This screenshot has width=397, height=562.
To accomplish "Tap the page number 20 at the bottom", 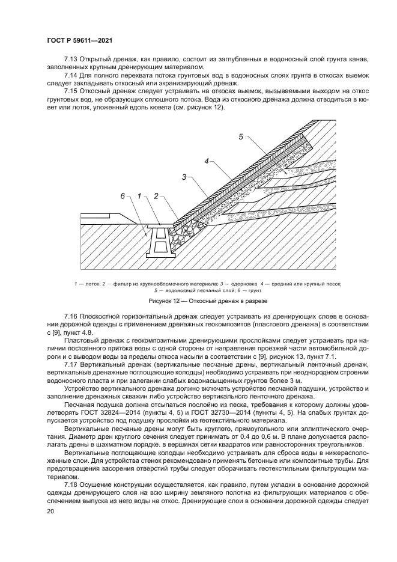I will click(50, 511).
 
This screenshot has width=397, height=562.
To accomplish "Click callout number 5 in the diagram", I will click(241, 136).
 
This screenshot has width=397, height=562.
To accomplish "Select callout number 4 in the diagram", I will click(206, 161).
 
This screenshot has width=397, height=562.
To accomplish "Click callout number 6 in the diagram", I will click(123, 196).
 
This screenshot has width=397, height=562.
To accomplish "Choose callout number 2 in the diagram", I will click(156, 196).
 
